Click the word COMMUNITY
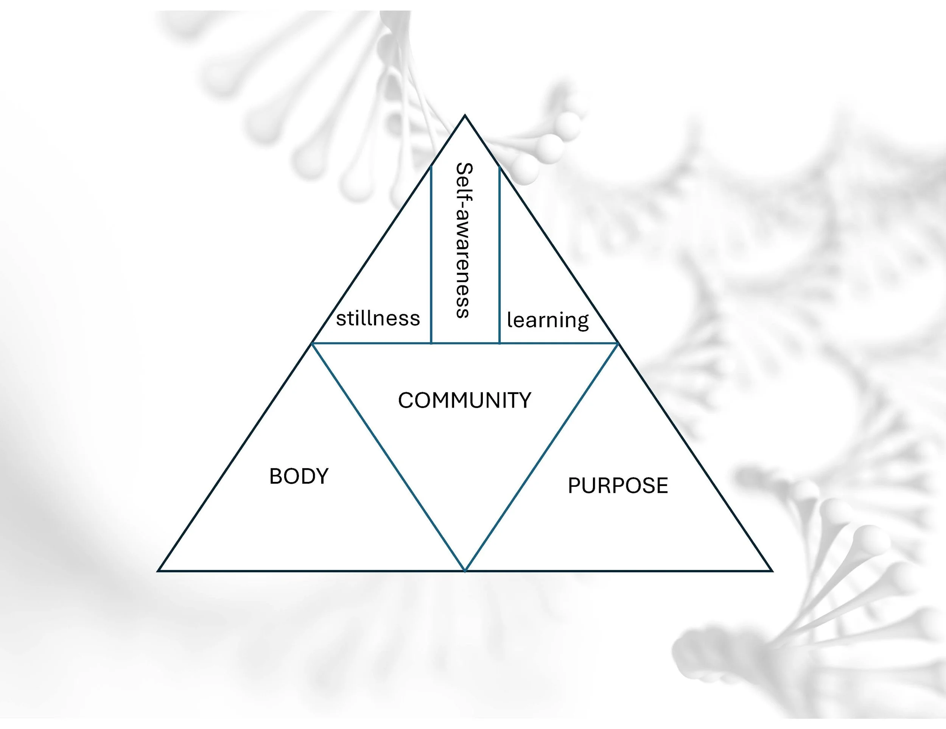(464, 400)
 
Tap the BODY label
(299, 477)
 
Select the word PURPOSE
(618, 486)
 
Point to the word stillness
(378, 319)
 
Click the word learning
(548, 321)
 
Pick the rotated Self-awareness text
(464, 240)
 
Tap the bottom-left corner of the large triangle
(159, 570)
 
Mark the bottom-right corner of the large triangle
(772, 570)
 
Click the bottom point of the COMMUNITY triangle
(465, 570)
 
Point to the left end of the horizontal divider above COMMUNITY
(313, 343)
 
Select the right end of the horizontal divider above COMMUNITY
(617, 343)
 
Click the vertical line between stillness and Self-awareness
(431, 260)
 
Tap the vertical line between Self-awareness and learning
(499, 260)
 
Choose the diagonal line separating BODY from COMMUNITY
(389, 457)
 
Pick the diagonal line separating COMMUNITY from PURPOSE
(541, 457)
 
